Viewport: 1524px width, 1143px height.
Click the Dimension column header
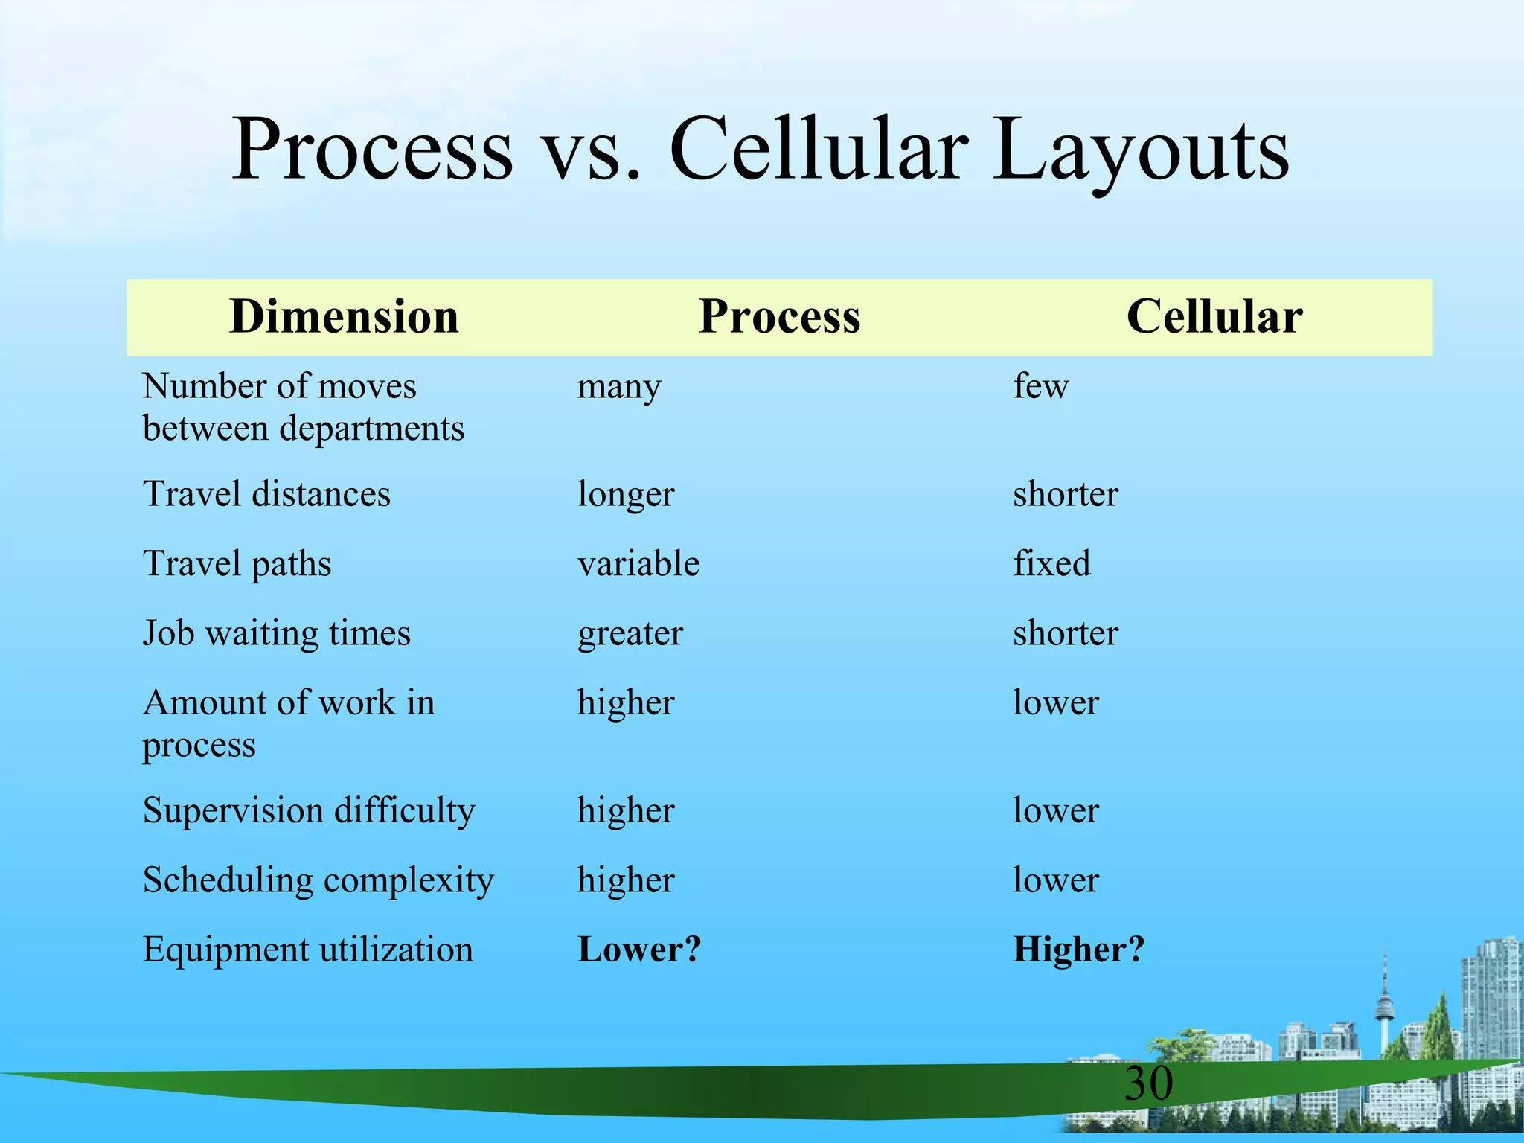click(344, 317)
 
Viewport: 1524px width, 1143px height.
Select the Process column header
click(779, 317)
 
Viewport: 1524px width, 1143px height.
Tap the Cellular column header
click(1214, 317)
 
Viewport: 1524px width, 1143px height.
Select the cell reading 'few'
click(1040, 386)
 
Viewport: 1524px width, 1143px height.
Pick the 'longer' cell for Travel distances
click(626, 495)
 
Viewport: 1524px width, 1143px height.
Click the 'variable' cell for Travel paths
click(638, 564)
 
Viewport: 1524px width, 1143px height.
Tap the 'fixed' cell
click(1051, 563)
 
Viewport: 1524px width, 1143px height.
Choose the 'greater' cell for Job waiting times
click(630, 634)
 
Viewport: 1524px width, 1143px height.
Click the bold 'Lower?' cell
click(639, 950)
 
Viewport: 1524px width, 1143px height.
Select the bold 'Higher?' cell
click(1078, 950)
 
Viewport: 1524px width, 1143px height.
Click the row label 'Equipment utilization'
click(307, 950)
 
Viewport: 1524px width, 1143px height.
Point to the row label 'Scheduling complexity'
click(318, 881)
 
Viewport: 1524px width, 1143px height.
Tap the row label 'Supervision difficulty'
click(308, 811)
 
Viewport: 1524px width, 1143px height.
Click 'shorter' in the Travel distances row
click(1065, 495)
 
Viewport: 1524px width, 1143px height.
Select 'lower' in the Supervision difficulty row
click(1055, 811)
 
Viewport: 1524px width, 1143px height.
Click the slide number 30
click(1148, 1083)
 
